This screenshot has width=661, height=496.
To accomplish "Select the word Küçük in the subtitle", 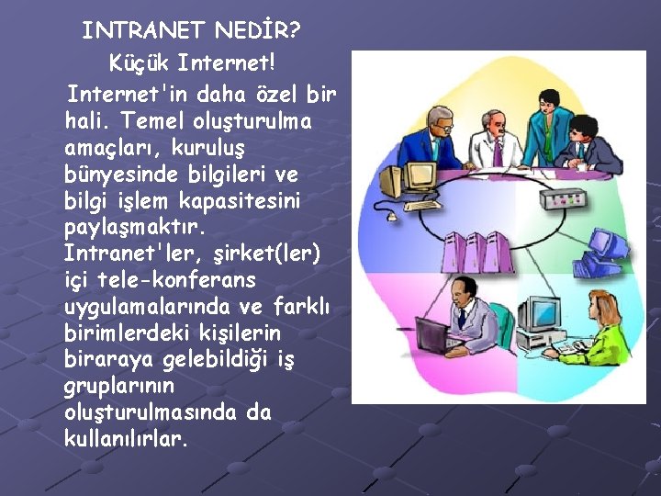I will click(139, 64).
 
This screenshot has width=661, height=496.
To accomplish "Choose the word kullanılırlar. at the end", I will click(128, 438).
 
